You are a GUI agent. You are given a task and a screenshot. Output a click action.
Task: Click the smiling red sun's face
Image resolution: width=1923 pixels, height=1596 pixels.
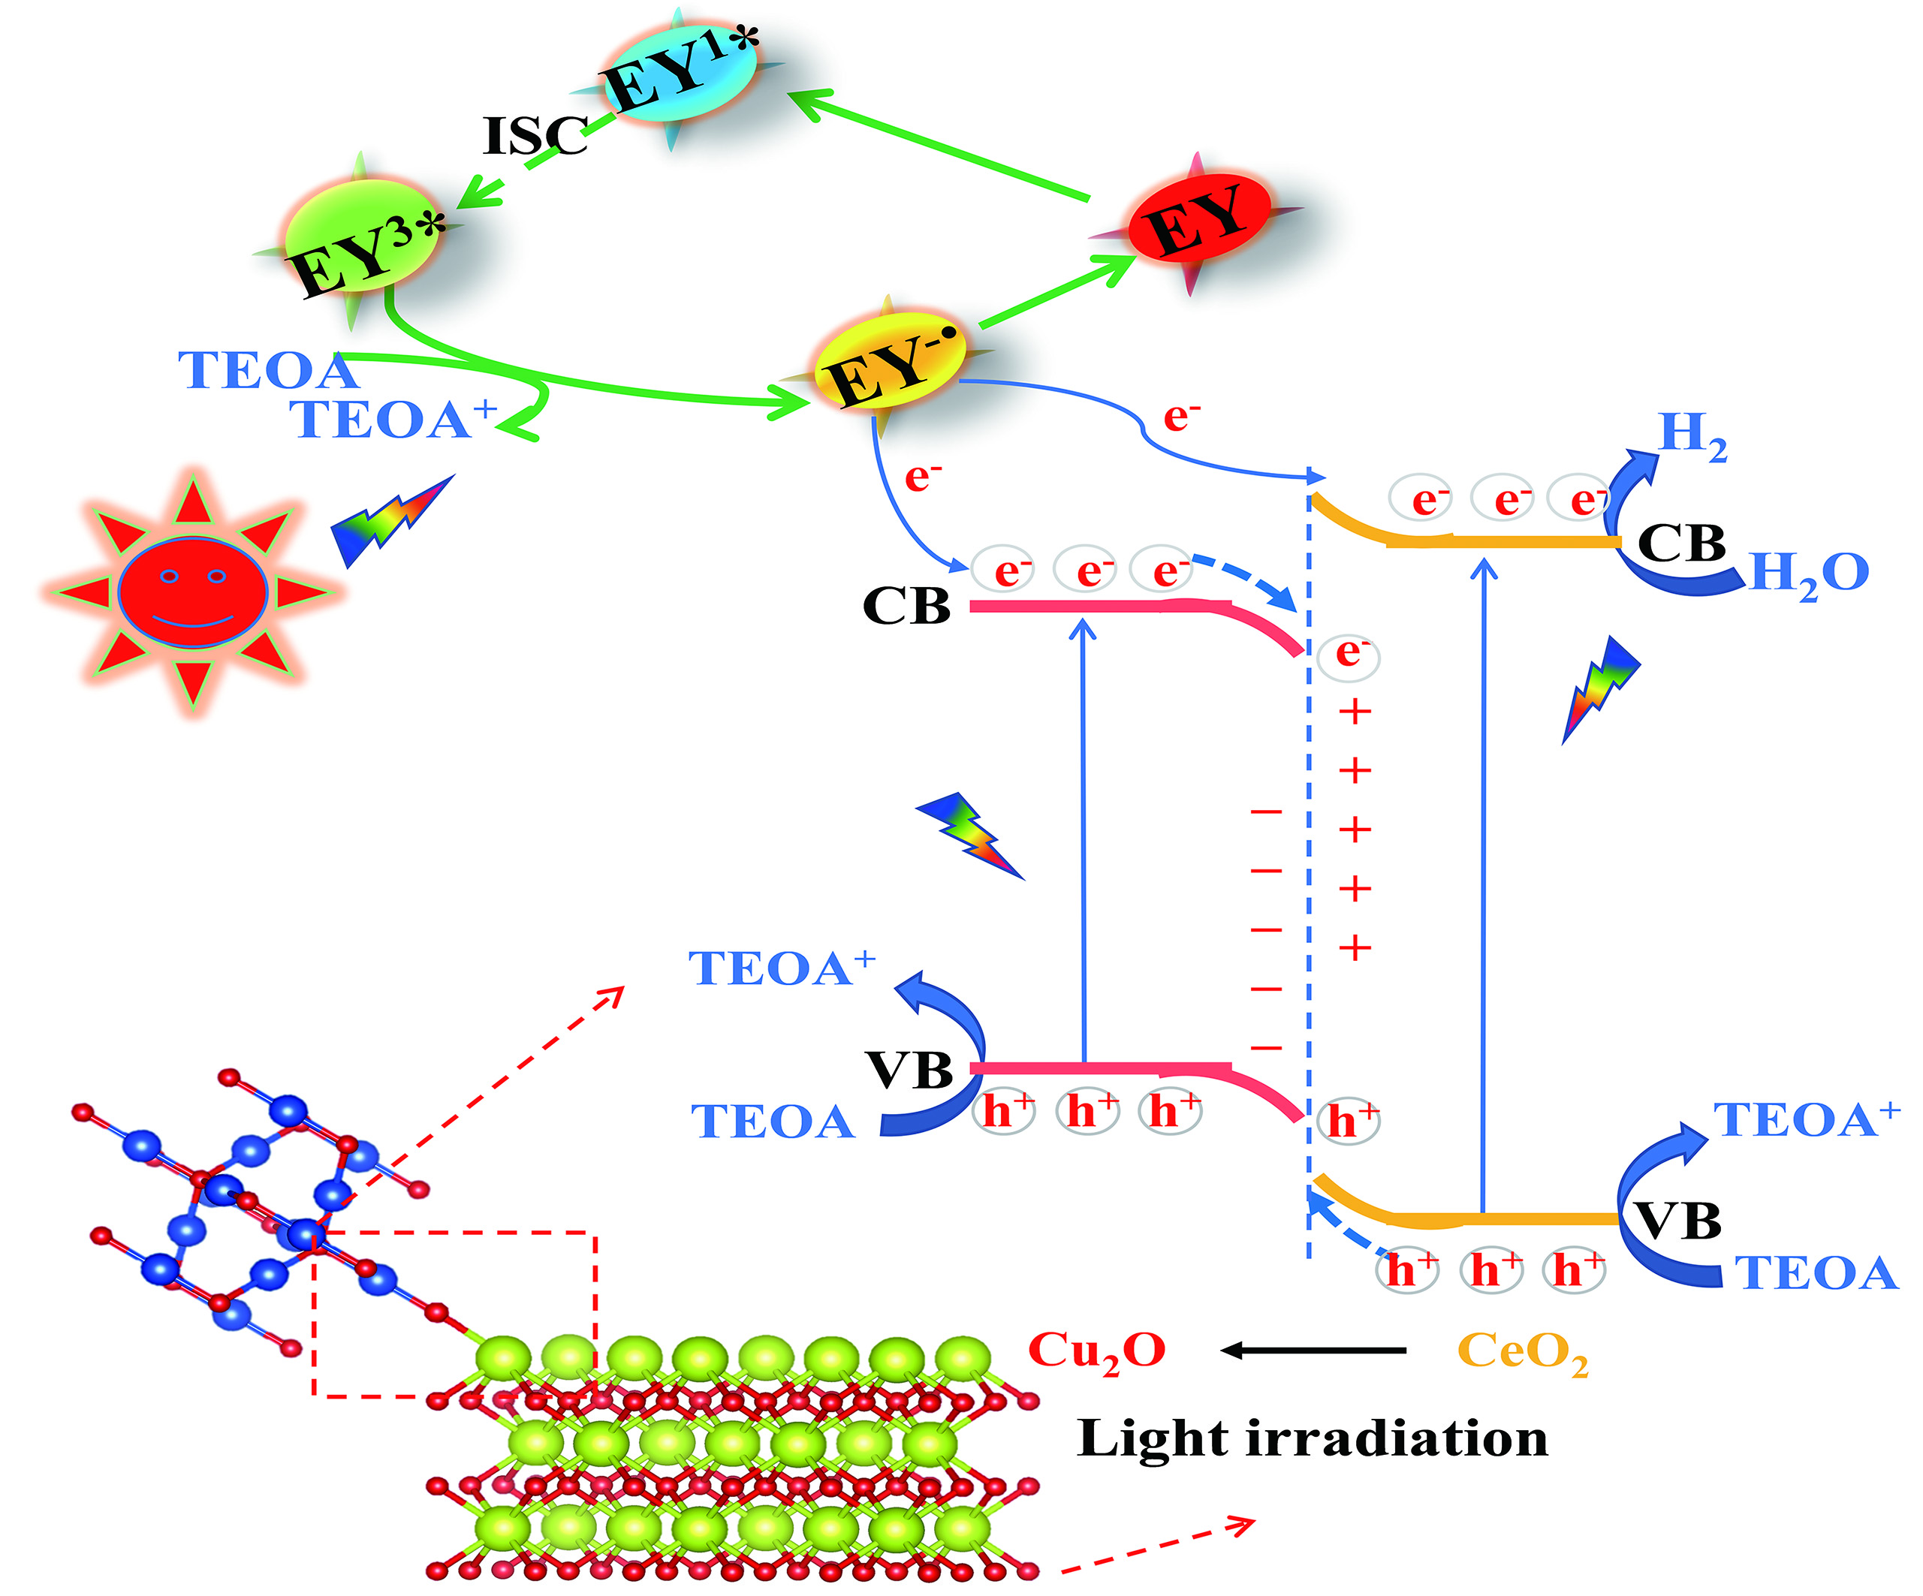coord(192,592)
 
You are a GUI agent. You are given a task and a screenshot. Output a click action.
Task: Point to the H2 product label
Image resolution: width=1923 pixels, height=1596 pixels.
coord(1693,436)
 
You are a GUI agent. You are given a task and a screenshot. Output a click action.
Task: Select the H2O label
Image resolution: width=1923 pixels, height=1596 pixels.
coord(1809,575)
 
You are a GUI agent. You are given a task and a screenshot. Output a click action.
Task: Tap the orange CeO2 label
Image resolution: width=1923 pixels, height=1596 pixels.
coord(1523,1353)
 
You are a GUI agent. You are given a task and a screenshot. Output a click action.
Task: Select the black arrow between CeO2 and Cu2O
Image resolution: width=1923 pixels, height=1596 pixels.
coord(1313,1350)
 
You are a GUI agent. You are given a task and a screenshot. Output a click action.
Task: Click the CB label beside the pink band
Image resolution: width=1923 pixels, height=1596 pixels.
coord(906,606)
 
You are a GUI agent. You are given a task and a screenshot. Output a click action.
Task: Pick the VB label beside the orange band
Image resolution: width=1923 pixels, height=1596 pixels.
coord(1677,1221)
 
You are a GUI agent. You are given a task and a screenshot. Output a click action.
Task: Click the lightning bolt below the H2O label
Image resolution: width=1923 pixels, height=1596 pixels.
coord(1600,688)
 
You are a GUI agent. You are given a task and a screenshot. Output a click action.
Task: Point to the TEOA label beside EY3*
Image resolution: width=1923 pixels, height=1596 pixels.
coord(267,371)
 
